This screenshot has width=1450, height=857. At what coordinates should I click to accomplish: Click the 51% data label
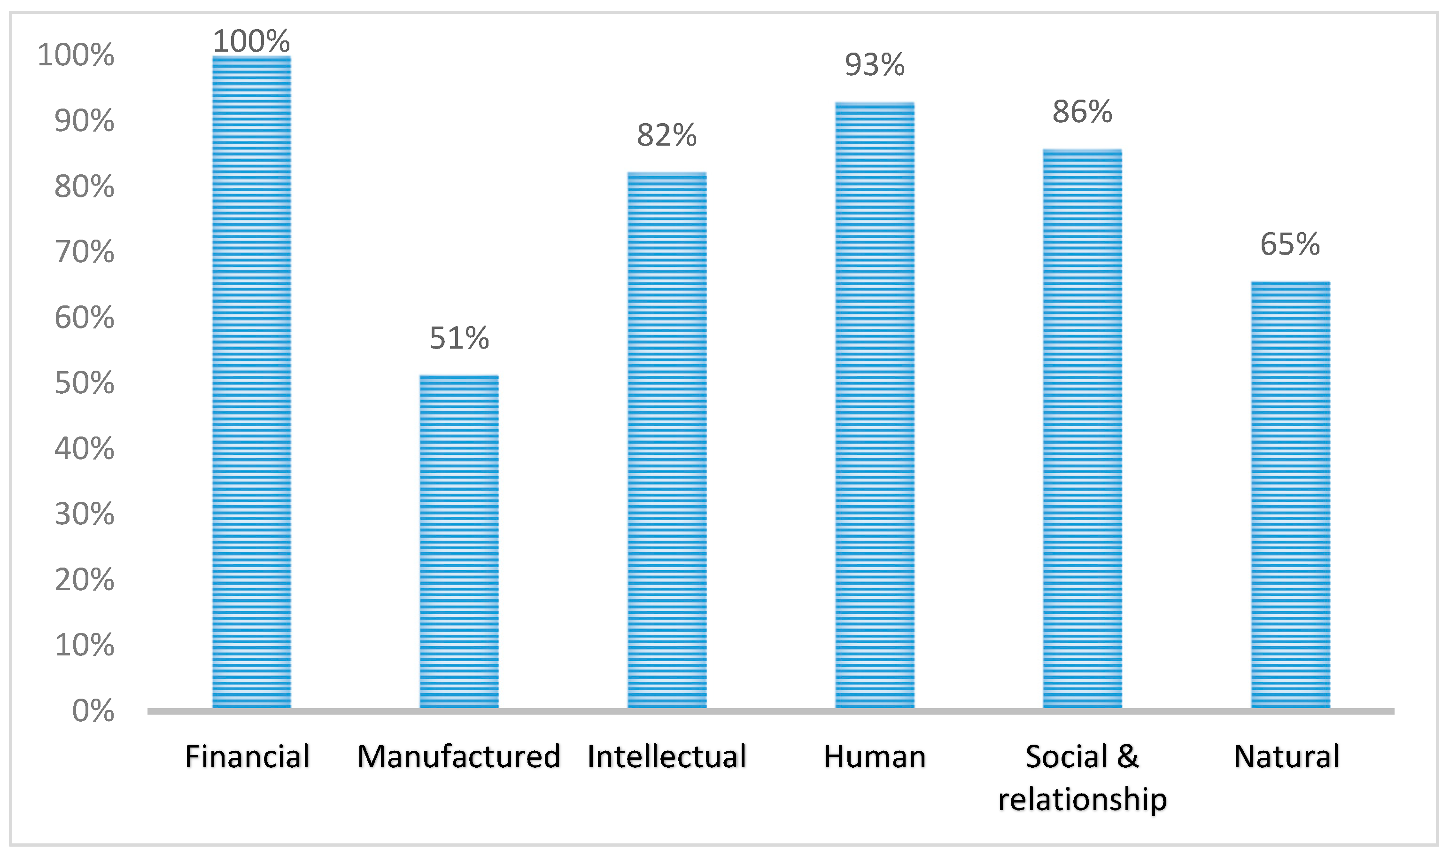coord(459,338)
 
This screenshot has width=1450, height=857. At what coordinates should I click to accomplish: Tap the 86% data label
coord(1082,111)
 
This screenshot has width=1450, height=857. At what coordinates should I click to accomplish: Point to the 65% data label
coord(1290,244)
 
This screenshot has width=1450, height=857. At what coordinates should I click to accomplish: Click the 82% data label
coord(667,135)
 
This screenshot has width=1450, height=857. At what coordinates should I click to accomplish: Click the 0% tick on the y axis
coord(93,711)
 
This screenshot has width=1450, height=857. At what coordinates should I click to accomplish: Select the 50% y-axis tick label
coord(84,383)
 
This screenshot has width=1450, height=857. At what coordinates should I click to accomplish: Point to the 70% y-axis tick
coord(84,252)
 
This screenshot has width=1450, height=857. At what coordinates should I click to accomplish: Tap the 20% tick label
coord(84,579)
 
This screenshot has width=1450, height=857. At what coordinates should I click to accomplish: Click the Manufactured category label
coord(459,756)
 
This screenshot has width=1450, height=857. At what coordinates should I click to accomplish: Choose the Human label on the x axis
coord(875,756)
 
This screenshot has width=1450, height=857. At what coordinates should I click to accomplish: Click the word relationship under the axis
coord(1082,799)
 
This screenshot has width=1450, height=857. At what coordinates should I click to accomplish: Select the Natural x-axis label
coord(1287,756)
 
